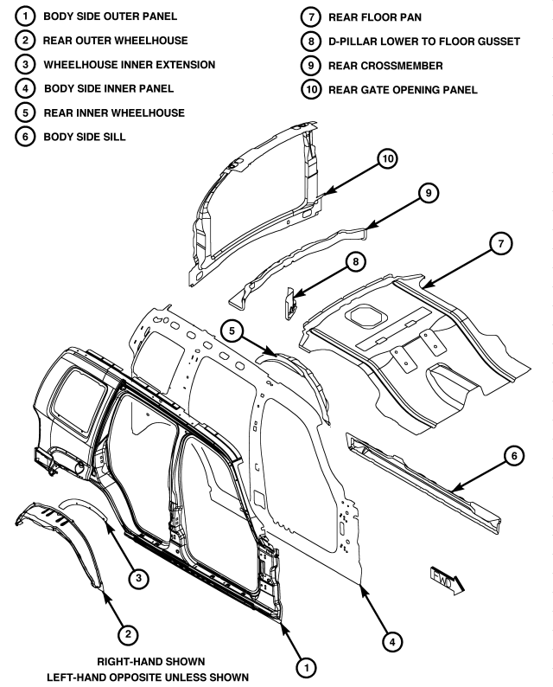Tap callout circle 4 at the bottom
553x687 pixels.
tap(393, 641)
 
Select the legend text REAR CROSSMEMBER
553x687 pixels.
tap(378, 65)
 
